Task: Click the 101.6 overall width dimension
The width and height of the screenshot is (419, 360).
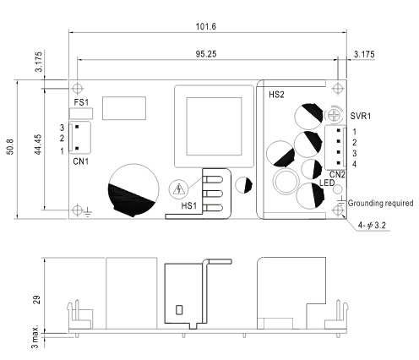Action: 206,26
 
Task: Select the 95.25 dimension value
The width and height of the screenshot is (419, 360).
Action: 206,54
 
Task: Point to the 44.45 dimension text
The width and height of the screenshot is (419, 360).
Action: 38,145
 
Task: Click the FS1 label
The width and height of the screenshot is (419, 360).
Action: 81,102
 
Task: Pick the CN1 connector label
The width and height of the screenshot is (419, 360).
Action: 81,161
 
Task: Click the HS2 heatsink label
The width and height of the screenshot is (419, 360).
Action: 276,95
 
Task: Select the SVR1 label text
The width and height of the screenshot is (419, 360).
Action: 361,116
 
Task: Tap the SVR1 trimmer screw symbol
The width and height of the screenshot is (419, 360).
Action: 334,115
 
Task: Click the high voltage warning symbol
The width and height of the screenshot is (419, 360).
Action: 178,188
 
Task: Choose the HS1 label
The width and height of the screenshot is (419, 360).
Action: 188,205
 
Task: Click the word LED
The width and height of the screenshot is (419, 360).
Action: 327,183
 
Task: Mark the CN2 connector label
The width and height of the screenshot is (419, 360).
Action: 337,175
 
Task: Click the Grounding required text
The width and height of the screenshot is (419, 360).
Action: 380,203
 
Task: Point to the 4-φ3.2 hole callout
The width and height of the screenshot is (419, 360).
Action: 372,225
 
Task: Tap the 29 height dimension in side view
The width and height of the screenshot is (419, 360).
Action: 37,300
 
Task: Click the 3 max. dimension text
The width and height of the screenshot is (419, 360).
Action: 35,337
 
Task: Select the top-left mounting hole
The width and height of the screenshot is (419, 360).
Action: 77,89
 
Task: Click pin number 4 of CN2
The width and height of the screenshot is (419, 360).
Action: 354,164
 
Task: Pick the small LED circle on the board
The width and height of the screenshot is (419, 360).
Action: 337,189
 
